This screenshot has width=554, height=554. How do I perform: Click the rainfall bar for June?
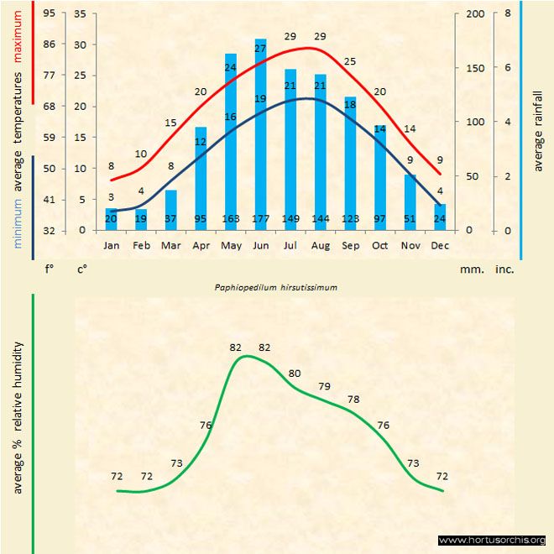(x=260, y=134)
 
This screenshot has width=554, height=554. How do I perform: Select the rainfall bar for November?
(x=410, y=201)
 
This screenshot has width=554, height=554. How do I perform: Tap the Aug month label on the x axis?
(x=320, y=246)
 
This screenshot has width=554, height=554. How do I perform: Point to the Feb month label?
(x=141, y=246)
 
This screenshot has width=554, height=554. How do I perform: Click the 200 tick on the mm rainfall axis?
(x=475, y=14)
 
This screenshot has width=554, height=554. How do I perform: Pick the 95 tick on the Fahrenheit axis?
(x=50, y=14)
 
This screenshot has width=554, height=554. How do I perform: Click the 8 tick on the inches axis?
(x=508, y=14)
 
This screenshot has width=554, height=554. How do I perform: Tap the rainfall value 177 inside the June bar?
(x=260, y=219)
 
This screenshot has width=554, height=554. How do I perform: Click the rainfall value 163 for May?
(x=230, y=219)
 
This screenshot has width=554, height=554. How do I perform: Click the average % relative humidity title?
(x=16, y=417)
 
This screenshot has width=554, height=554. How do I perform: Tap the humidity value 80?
(x=295, y=373)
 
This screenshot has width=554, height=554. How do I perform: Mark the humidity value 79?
(x=325, y=386)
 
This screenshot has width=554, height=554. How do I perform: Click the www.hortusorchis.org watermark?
(x=492, y=541)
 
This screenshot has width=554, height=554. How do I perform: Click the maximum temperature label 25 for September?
(x=350, y=61)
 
